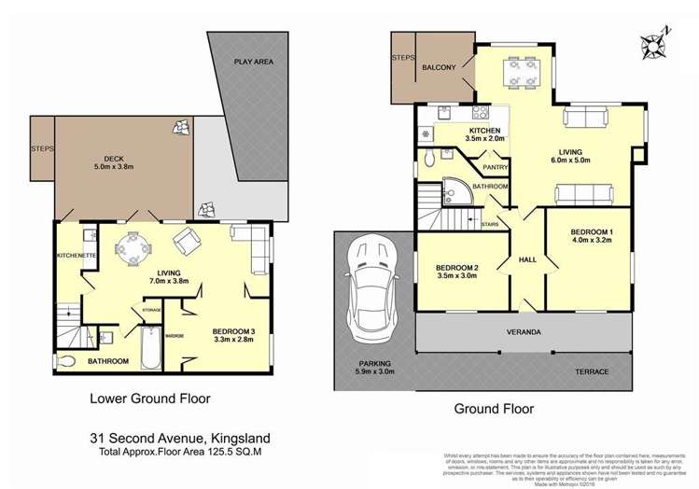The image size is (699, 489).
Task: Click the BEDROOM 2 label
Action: pos(457,271)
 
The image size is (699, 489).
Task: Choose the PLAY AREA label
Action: pos(253,62)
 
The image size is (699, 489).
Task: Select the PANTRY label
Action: pos(495,168)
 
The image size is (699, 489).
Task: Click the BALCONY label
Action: pos(439,68)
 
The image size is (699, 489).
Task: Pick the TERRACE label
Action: pos(592,371)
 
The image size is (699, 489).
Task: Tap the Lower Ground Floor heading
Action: pos(149,398)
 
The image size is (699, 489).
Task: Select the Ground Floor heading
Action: pos(494,409)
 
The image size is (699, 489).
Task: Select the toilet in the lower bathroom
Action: pos(67,359)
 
